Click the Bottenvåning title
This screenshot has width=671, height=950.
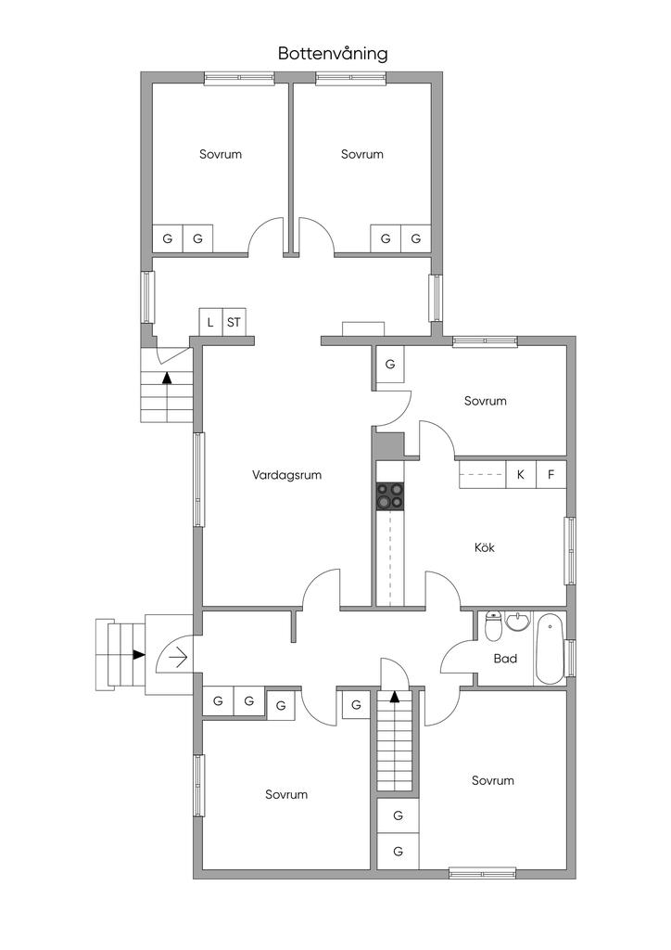tap(333, 54)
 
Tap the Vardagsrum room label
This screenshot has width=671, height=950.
tap(286, 476)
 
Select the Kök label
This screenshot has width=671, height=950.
tap(484, 547)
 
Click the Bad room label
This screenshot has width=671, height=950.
tap(505, 659)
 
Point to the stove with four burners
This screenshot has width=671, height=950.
tap(389, 495)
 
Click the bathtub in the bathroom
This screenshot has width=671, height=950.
tap(550, 648)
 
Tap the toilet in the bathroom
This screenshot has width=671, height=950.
tap(494, 626)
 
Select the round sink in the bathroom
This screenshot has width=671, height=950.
tap(517, 621)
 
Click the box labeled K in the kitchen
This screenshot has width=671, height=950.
tap(520, 475)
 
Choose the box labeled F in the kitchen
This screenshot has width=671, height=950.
tap(551, 475)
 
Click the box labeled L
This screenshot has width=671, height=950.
tap(210, 322)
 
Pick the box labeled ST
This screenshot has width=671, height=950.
tap(234, 322)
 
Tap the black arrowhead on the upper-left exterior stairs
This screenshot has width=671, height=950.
tap(167, 379)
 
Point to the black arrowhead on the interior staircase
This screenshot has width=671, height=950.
tap(395, 696)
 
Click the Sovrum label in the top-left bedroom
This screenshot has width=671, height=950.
tap(221, 155)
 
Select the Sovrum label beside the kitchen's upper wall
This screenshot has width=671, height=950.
tap(486, 401)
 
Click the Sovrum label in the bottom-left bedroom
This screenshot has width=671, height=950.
tap(286, 794)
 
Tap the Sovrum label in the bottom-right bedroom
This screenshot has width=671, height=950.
tap(493, 780)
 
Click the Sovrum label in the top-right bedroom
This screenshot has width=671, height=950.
tap(362, 155)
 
